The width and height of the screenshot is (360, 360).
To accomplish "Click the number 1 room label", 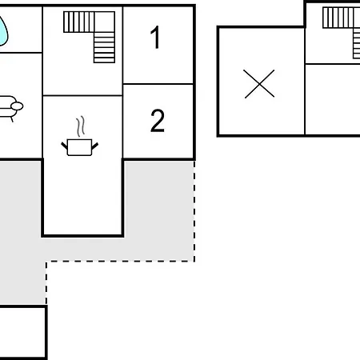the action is [x=155, y=38].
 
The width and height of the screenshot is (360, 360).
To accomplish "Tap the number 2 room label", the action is [x=158, y=121].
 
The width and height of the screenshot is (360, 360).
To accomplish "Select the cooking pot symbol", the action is [x=79, y=147].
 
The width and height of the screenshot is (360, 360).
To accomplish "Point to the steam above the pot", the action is [x=81, y=126].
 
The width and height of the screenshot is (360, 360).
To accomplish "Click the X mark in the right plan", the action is [x=259, y=84].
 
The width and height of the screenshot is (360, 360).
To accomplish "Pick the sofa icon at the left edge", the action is [x=10, y=106].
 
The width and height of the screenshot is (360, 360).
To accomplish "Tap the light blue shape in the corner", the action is [x=3, y=30].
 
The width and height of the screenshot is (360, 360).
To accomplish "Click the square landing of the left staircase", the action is [x=104, y=22].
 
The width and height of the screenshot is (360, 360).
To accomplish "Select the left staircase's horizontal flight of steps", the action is [x=79, y=22].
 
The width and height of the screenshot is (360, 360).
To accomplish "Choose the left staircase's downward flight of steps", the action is [x=104, y=48].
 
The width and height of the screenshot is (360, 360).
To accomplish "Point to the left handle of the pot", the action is [x=65, y=146].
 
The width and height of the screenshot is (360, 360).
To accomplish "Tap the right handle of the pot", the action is [x=95, y=146].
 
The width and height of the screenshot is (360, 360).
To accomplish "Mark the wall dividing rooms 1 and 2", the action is [x=158, y=84].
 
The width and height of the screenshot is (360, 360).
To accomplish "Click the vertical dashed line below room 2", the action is [x=194, y=211].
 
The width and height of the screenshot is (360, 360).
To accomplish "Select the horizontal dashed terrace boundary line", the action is [x=120, y=262].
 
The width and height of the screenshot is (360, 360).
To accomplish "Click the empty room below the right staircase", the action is [x=333, y=99].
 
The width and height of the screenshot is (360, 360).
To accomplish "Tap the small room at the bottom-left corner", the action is [x=22, y=332].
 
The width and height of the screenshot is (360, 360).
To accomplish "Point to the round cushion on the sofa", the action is [x=17, y=106].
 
